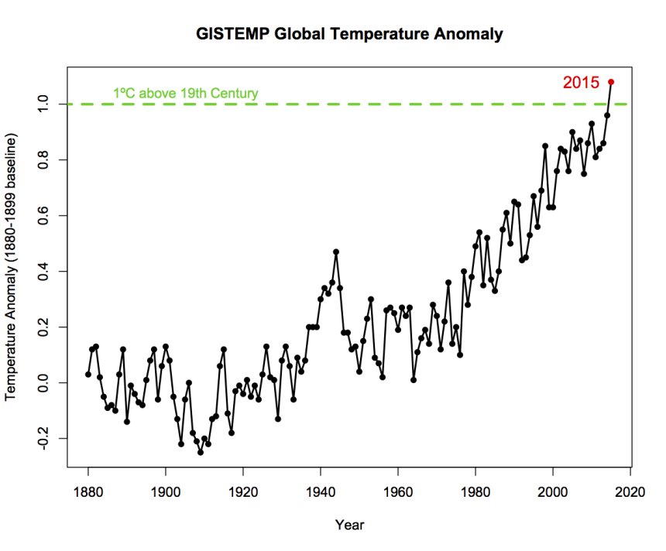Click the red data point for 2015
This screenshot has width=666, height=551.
click(x=611, y=81)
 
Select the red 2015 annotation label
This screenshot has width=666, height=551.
click(x=581, y=82)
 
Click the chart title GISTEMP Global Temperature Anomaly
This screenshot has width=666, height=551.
click(x=350, y=34)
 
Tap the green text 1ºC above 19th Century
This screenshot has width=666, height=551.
click(x=186, y=94)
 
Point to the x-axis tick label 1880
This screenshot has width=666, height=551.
click(x=88, y=492)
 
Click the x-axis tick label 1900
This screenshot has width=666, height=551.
click(x=166, y=492)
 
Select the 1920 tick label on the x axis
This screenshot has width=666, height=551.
click(x=243, y=492)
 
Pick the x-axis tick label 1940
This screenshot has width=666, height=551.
click(x=321, y=492)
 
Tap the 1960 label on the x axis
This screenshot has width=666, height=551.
click(x=398, y=492)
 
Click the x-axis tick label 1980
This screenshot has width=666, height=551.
click(x=475, y=492)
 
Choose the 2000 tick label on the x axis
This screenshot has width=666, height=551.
click(x=553, y=492)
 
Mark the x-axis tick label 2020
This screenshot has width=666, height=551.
click(x=630, y=492)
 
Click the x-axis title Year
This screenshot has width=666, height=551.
click(x=349, y=525)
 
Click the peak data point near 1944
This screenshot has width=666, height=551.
click(x=336, y=252)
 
